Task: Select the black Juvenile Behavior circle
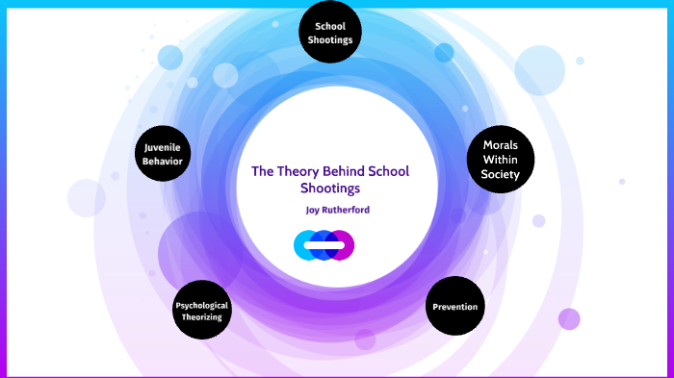click(x=163, y=154)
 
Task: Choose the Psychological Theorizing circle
click(x=202, y=311)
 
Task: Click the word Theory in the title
click(x=301, y=172)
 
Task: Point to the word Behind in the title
click(x=351, y=172)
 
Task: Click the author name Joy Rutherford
click(x=336, y=209)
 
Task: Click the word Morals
click(x=501, y=145)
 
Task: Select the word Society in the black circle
click(x=501, y=175)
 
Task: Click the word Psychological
click(x=202, y=305)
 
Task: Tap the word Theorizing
click(x=202, y=316)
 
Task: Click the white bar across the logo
click(x=324, y=246)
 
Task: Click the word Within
click(x=501, y=160)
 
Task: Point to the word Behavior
click(x=163, y=161)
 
